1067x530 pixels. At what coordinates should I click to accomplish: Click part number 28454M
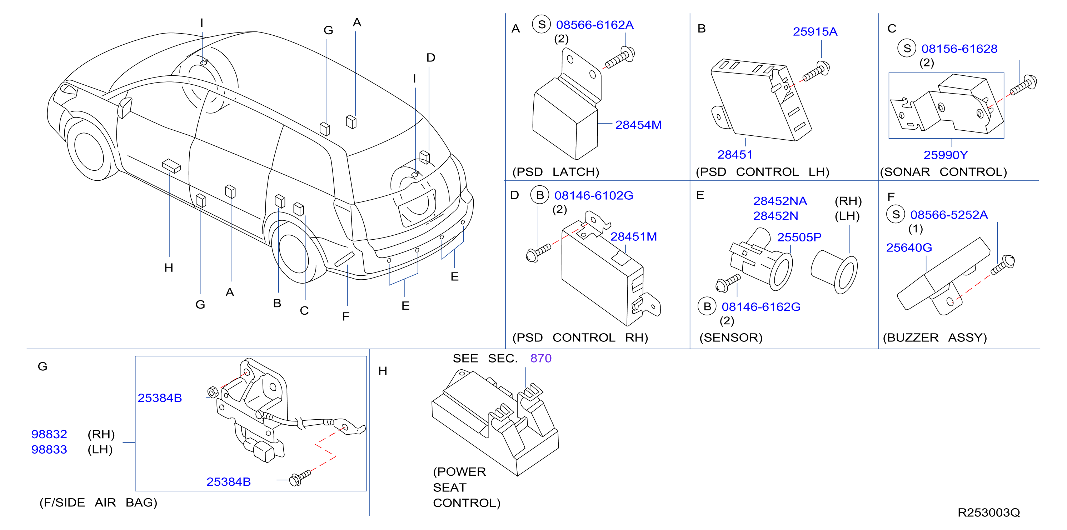coord(638,125)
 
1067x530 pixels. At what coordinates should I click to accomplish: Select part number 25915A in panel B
coord(815,31)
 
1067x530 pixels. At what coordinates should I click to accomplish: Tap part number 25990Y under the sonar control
coord(946,155)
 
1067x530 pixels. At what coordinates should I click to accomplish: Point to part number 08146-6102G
coord(594,195)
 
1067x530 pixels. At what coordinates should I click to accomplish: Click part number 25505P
coord(799,237)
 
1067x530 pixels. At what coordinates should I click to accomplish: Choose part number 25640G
coord(909,247)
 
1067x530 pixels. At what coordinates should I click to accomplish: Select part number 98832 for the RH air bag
coord(49,434)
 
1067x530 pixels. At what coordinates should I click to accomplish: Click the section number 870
coord(541,358)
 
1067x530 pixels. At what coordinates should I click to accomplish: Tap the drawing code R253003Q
coord(989,512)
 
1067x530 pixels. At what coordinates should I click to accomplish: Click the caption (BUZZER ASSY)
coord(935,337)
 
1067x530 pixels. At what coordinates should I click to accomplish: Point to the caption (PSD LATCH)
coord(556,172)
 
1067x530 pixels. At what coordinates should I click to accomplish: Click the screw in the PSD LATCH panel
coord(620,58)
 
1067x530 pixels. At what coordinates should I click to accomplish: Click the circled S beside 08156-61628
coord(907,49)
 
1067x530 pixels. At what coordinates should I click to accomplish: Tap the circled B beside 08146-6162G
coord(707,306)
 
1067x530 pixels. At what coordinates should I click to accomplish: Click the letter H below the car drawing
coord(169,267)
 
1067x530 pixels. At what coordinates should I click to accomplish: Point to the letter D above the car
coord(431,57)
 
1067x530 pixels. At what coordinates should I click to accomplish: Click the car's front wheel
coord(89,151)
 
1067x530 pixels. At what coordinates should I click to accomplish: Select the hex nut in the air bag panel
coord(213,392)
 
